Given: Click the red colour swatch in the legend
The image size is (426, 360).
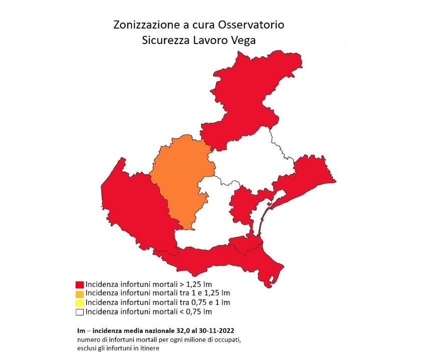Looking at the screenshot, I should pos(79,284).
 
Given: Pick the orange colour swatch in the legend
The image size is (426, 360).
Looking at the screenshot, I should pos(79,293).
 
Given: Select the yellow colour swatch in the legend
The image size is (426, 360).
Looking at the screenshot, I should pos(79,302).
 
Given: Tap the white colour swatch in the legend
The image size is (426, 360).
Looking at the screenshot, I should pos(79,312).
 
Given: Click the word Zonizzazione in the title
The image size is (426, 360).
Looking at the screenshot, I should pos(143,25).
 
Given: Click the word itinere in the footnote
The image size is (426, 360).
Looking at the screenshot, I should pos(149,348).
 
